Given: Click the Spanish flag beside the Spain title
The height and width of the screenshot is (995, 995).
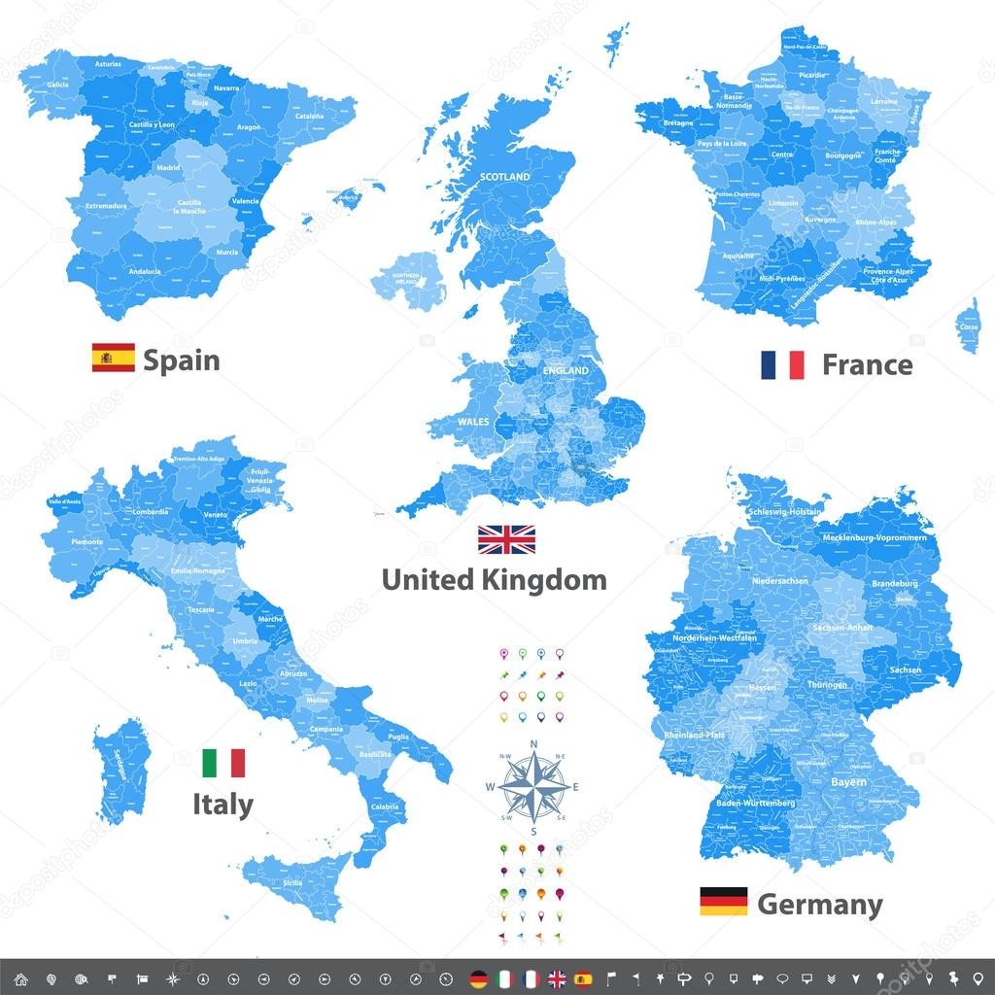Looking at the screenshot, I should pyautogui.click(x=114, y=358).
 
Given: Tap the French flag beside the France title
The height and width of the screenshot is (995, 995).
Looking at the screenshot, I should pyautogui.click(x=782, y=364).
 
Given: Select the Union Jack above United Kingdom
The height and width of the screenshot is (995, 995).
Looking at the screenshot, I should pyautogui.click(x=505, y=539).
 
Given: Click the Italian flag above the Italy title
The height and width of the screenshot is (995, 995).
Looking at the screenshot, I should pyautogui.click(x=223, y=763).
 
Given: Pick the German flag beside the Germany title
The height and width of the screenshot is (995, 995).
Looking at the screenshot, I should pyautogui.click(x=723, y=902).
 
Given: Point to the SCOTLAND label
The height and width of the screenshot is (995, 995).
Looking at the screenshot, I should pyautogui.click(x=505, y=177).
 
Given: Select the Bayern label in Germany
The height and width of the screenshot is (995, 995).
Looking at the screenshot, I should pyautogui.click(x=848, y=781).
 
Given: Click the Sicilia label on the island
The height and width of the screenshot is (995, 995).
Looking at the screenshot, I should pyautogui.click(x=292, y=883).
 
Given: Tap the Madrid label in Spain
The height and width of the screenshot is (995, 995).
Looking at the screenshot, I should pyautogui.click(x=168, y=167).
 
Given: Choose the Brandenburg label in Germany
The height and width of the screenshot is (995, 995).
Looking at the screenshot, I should pyautogui.click(x=894, y=583).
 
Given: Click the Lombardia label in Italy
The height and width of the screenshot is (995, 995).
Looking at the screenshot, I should pyautogui.click(x=150, y=512).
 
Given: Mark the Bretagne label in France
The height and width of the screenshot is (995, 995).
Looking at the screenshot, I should pyautogui.click(x=678, y=123).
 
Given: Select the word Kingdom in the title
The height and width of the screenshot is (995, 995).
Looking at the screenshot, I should pyautogui.click(x=550, y=581).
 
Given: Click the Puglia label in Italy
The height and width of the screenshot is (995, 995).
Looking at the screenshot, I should pyautogui.click(x=398, y=738).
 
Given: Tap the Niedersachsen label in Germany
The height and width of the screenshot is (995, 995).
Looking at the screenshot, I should pyautogui.click(x=779, y=581).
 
